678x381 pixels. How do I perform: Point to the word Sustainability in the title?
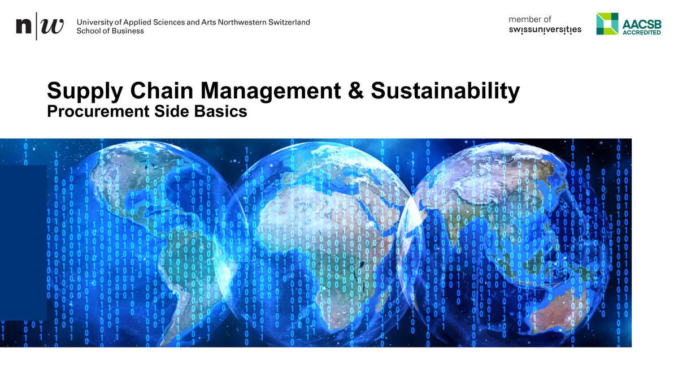445,91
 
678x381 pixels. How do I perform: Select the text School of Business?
110,31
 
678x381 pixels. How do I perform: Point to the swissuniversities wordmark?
545,29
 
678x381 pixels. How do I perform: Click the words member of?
530,19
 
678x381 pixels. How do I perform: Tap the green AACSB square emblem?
607,24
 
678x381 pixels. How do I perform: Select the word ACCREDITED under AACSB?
641,33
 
